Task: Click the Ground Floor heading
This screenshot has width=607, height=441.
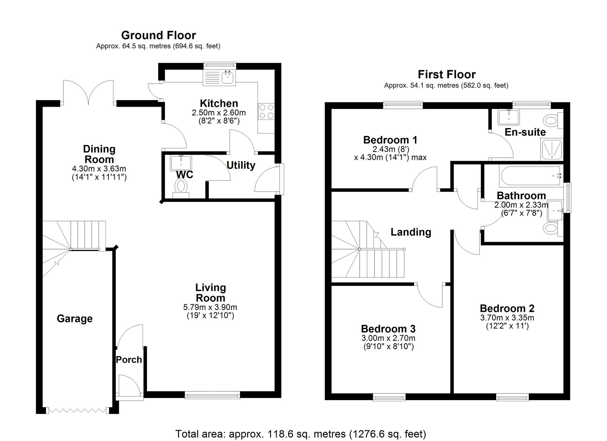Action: coord(158,35)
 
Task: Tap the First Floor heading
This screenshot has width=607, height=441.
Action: coord(447,74)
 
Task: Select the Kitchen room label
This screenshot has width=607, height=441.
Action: coord(219,103)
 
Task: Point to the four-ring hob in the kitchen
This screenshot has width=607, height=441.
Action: coord(266,111)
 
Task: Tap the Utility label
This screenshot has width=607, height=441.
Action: coord(241,165)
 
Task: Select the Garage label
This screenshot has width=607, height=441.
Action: coord(75,319)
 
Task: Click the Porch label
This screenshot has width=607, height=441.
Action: coord(129,359)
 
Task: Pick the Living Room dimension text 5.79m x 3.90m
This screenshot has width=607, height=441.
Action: coord(210,307)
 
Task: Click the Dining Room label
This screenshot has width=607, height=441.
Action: coord(99,154)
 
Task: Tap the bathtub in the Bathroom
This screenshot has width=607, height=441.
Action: coord(531,176)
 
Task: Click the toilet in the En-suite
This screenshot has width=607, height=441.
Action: coord(552,120)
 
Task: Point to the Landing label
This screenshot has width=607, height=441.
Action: coord(411,232)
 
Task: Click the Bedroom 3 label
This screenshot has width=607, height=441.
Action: coord(388,329)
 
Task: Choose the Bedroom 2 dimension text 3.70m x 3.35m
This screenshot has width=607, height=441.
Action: coord(507,318)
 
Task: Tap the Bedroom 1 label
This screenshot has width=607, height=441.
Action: coord(390,140)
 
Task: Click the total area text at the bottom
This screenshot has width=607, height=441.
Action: coord(300,434)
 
